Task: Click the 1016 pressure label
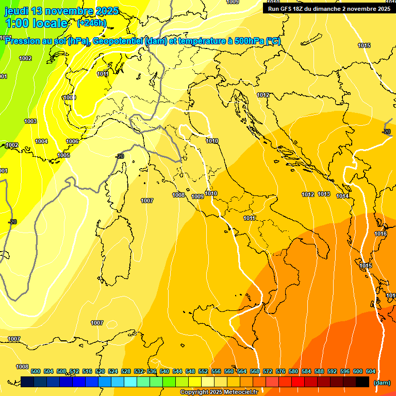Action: pyautogui.click(x=381, y=234)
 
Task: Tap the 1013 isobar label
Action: pyautogui.click(x=324, y=194)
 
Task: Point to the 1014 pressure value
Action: pyautogui.click(x=342, y=196)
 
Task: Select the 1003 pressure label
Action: pyautogui.click(x=30, y=121)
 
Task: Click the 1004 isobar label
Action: pyautogui.click(x=41, y=141)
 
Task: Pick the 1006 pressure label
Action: pyautogui.click(x=72, y=141)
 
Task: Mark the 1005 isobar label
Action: pyautogui.click(x=63, y=155)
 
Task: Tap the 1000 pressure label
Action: pyautogui.click(x=69, y=97)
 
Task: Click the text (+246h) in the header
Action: pyautogui.click(x=91, y=23)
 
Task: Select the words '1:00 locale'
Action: pyautogui.click(x=36, y=23)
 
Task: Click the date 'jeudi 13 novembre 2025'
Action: pyautogui.click(x=61, y=11)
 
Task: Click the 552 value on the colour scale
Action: pyautogui.click(x=203, y=371)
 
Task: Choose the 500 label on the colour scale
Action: pyautogui.click(x=36, y=371)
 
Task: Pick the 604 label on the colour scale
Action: pyautogui.click(x=371, y=371)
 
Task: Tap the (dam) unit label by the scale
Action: pyautogui.click(x=382, y=383)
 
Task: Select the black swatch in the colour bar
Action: pyautogui.click(x=362, y=382)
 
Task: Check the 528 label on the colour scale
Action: pyautogui.click(x=126, y=371)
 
